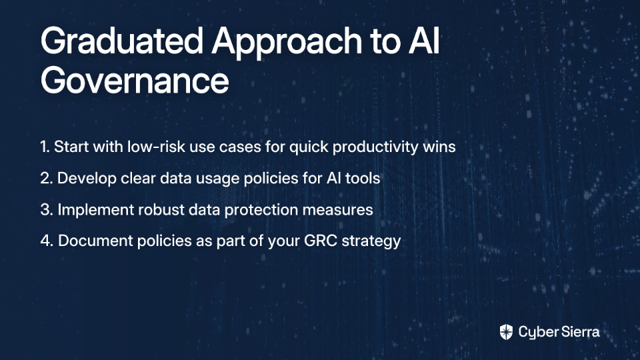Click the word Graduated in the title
pos(121,41)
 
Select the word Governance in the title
pos(135,81)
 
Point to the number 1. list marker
pos(45,147)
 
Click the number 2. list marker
pos(47,178)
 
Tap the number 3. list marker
pos(47,209)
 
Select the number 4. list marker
pos(47,241)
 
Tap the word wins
pos(439,147)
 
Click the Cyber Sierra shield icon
pos(506,332)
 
